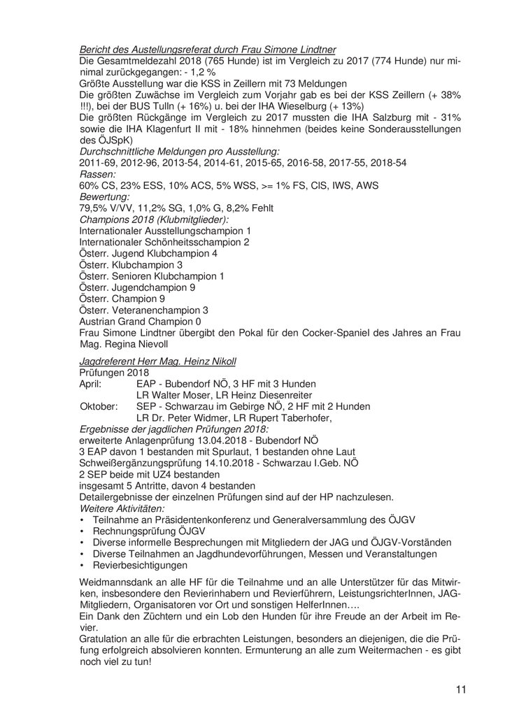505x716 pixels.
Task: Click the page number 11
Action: tap(460, 689)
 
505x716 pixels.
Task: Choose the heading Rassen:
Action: tap(99, 173)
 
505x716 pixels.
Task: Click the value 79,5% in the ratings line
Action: tap(97, 208)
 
